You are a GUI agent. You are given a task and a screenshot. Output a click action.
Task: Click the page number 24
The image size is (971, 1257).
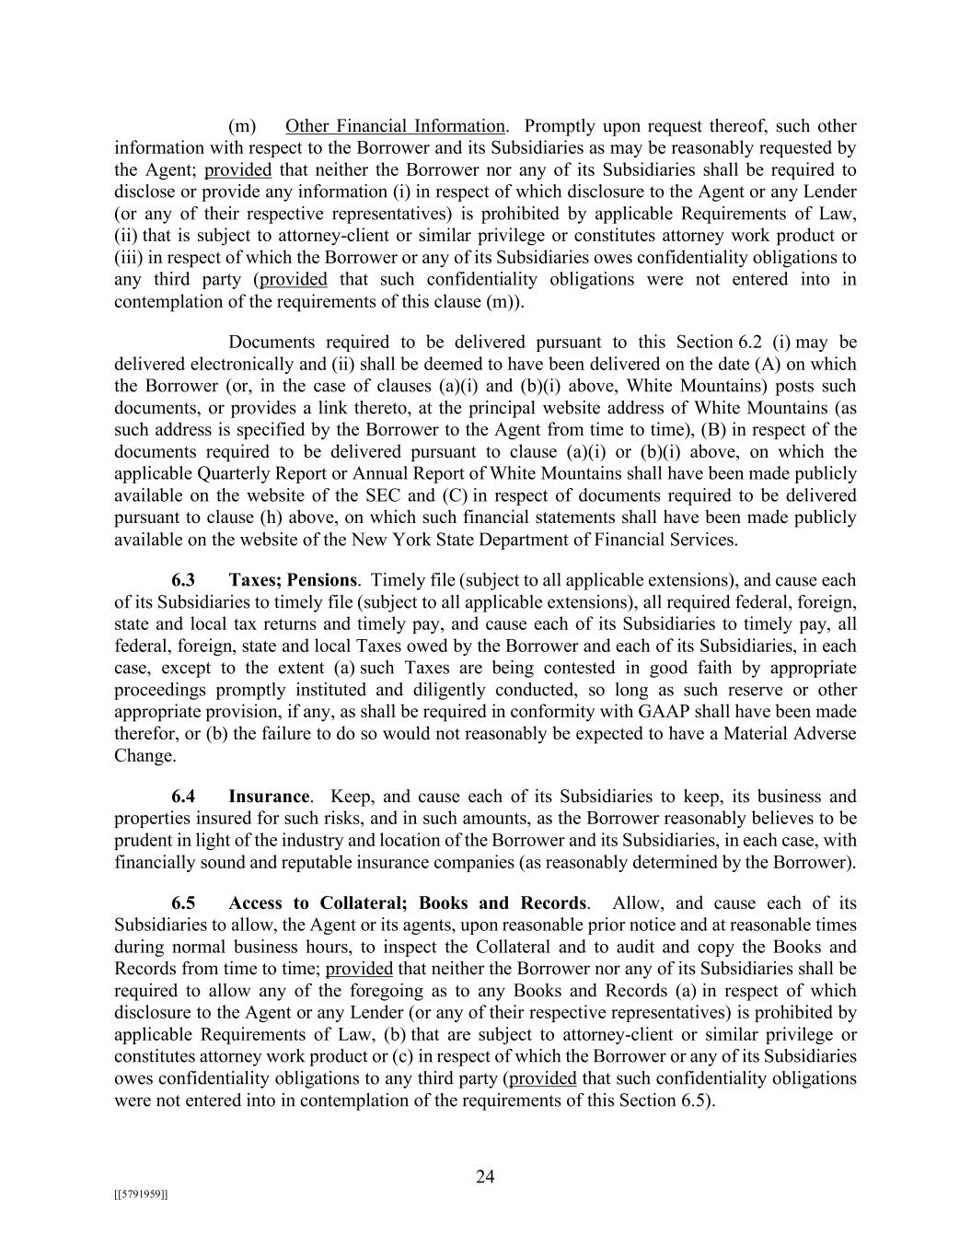point(485,1176)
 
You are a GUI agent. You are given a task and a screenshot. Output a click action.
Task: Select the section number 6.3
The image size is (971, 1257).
point(183,580)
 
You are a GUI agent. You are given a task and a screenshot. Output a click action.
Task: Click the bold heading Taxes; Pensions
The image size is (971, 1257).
point(293,580)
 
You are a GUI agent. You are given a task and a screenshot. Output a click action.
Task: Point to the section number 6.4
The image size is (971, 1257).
point(183,797)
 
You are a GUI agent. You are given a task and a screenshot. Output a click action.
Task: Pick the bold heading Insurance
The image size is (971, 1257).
point(269,797)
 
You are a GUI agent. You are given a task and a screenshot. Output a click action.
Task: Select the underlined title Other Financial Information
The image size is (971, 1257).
point(395,126)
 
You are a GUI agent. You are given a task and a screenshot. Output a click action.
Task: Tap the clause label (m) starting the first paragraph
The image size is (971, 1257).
point(241,126)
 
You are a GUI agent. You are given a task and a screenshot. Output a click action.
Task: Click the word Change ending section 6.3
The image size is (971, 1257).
point(144,756)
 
